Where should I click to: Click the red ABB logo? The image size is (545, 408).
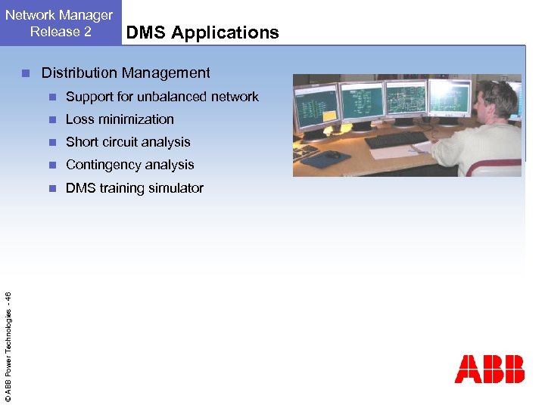(489, 369)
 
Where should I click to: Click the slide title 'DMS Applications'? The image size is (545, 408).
(202, 32)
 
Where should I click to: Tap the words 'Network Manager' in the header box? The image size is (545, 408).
(59, 15)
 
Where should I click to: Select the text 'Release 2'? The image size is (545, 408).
(61, 32)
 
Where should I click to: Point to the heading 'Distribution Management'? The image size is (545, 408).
(126, 73)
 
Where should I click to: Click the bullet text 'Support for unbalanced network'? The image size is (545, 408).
(162, 97)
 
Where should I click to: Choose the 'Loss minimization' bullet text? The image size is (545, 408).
(120, 119)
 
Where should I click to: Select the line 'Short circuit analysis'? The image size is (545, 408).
(128, 142)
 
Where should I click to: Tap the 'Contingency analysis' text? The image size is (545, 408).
(130, 165)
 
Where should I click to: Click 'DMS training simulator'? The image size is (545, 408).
(135, 188)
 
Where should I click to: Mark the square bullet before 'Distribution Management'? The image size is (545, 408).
(25, 73)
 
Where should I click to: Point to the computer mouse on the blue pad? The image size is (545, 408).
(332, 155)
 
